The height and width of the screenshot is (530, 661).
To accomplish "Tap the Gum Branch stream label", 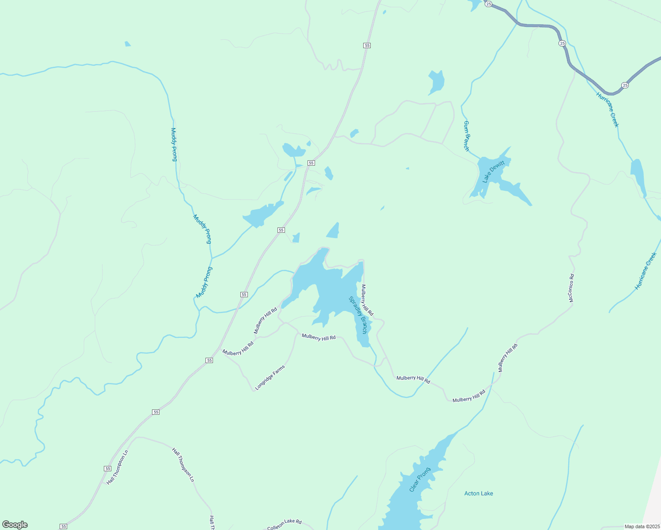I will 466,136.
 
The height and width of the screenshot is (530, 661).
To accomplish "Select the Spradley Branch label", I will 358,314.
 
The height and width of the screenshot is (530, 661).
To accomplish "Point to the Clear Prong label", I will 419,480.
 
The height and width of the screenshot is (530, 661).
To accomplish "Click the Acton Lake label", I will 479,493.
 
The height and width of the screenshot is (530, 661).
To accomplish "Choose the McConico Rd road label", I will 571,288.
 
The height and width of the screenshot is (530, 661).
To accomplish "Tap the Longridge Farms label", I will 270,378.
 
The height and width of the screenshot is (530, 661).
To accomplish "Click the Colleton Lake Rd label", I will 284,524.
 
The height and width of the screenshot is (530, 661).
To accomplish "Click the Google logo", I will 15,525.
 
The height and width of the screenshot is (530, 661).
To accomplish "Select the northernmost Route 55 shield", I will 367,45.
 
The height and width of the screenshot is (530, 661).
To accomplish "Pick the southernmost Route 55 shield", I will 64,526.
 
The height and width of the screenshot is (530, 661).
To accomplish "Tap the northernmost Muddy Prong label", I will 174,144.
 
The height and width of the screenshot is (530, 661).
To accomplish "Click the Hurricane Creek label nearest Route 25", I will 608,110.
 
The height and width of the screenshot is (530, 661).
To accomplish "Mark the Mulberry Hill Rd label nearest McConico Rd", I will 508,358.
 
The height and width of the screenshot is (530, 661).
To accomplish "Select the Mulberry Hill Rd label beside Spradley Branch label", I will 367,300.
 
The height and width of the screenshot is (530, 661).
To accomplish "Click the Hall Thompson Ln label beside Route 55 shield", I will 118,467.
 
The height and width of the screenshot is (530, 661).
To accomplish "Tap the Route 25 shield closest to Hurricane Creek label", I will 625,85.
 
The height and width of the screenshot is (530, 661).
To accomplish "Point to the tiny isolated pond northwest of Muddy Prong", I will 128,44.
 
